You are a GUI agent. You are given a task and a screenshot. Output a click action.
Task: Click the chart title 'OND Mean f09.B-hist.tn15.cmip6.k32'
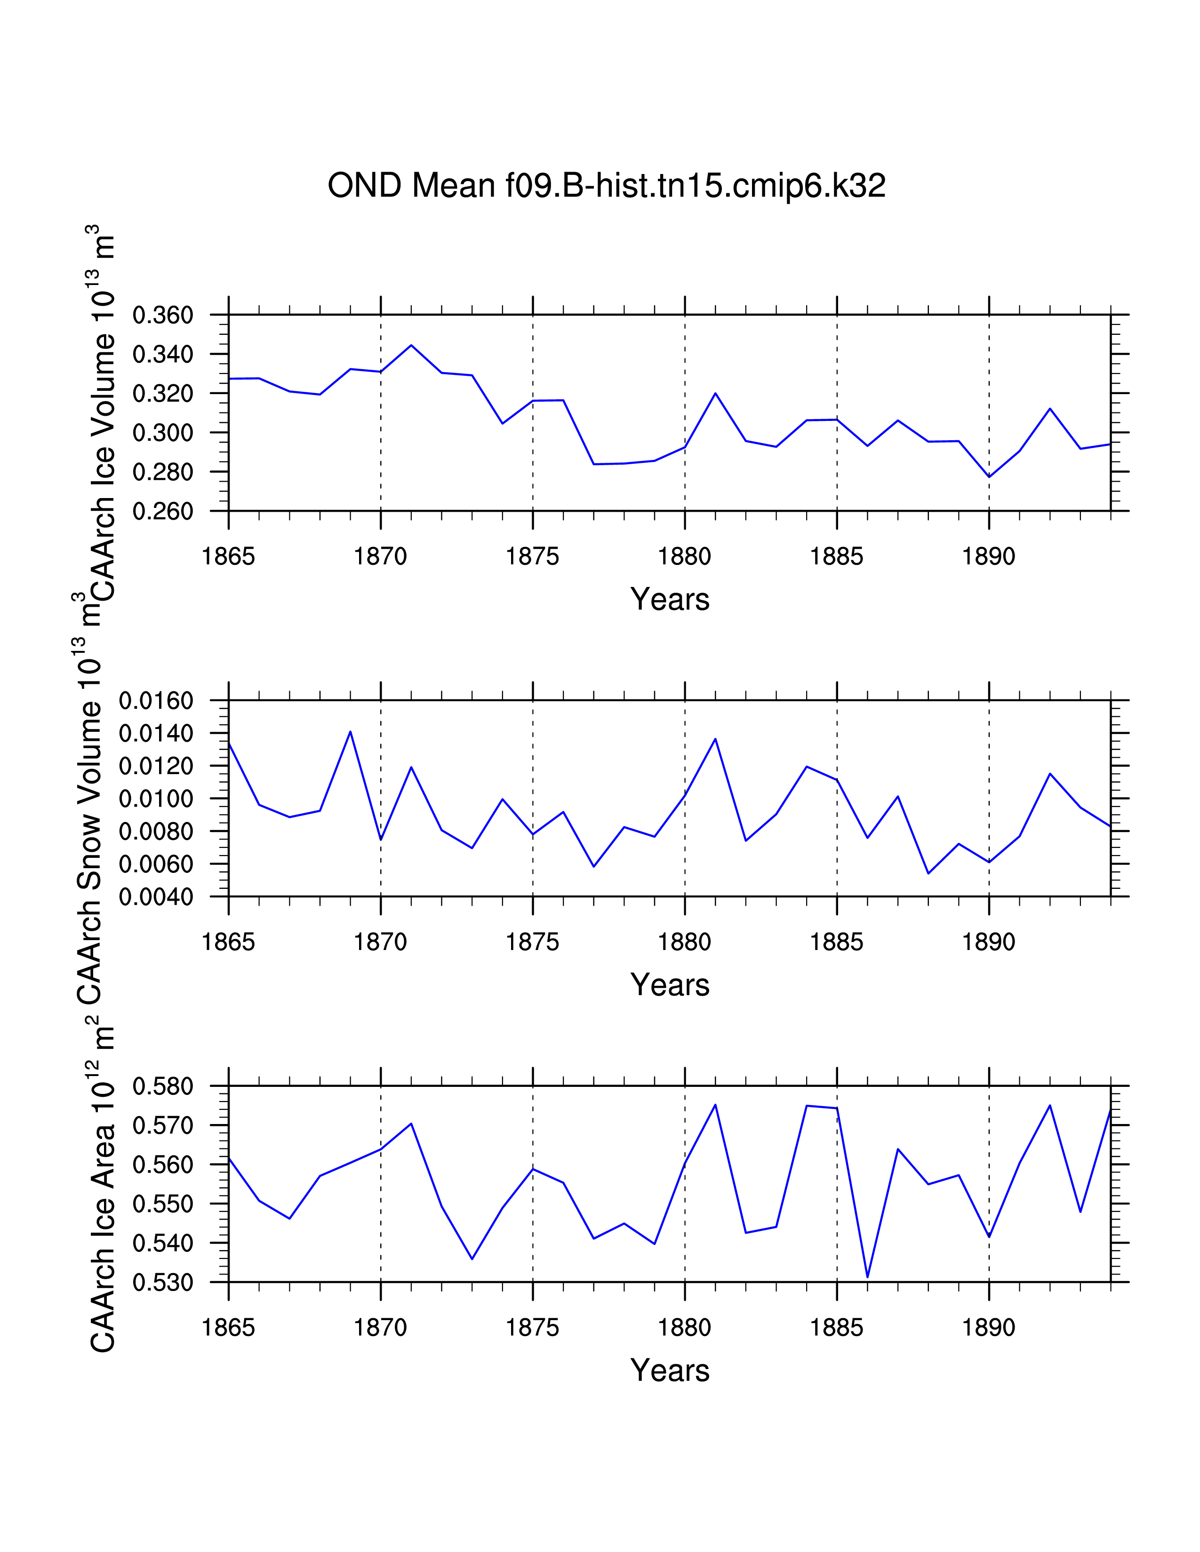coord(607,186)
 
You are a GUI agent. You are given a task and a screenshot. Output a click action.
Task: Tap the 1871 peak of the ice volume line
coord(411,345)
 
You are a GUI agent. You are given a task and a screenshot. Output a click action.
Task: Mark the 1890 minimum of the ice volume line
coord(989,477)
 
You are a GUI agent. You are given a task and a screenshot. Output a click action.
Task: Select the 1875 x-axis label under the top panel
coord(532,556)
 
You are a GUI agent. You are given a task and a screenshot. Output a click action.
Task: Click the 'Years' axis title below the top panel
coord(670,600)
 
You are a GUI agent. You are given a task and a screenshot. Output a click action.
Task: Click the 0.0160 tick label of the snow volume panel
coord(156,701)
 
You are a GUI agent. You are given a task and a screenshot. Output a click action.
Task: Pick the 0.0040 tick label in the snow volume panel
coord(156,897)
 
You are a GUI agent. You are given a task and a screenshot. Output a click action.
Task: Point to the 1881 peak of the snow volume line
coord(715,739)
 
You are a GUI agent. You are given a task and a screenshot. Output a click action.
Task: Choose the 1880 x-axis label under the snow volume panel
coord(685,942)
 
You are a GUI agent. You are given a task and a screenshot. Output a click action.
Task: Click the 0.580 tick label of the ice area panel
coord(163,1086)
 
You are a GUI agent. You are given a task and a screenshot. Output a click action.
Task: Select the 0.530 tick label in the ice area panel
coord(163,1283)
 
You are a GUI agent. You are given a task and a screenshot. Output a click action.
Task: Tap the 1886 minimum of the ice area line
coord(867,1277)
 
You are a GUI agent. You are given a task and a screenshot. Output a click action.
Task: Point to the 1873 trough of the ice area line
coord(472,1259)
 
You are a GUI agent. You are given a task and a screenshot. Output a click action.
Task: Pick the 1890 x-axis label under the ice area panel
coord(989,1328)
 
